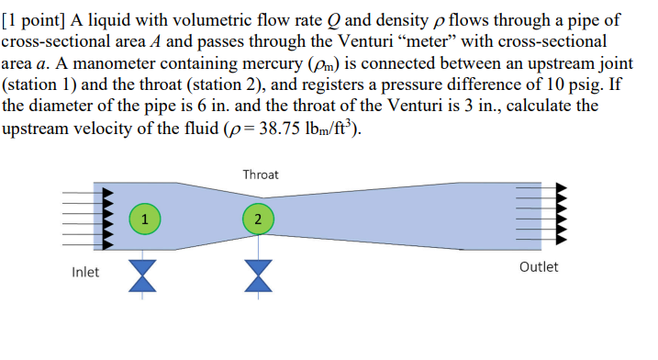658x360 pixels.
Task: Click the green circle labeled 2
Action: (259, 218)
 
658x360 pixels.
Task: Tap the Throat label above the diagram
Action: (261, 174)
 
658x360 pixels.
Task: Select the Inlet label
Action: (86, 271)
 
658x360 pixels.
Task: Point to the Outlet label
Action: (538, 267)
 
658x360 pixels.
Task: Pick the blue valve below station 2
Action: (259, 275)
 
